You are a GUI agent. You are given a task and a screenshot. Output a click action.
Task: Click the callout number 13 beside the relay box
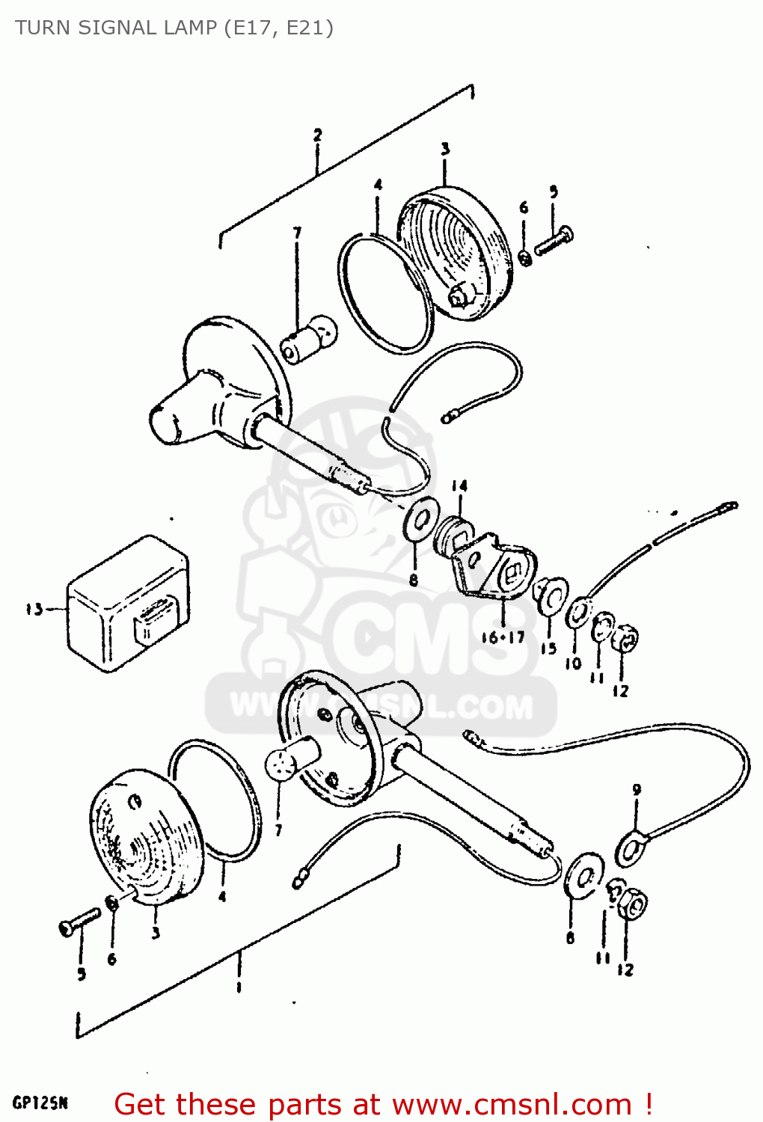(x=34, y=610)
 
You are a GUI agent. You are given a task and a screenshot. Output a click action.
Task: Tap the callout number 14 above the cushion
(x=459, y=487)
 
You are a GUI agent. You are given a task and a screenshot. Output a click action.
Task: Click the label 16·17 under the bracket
(x=503, y=637)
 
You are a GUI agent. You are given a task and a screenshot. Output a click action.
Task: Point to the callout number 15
(x=548, y=649)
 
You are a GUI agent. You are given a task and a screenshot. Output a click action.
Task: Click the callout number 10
(x=573, y=663)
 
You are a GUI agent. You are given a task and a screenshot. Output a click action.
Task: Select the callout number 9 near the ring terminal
(x=637, y=789)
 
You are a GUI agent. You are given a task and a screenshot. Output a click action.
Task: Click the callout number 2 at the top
(x=318, y=135)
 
